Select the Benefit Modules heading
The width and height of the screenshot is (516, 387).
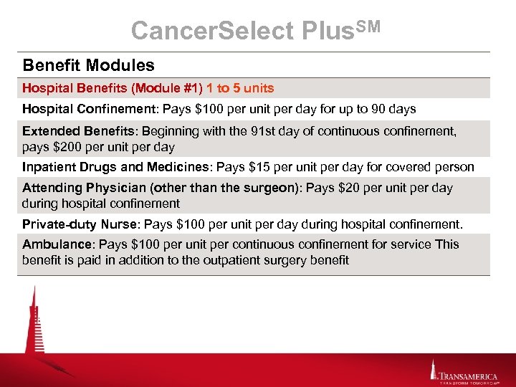click(x=88, y=65)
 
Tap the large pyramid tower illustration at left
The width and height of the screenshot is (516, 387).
click(x=33, y=322)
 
